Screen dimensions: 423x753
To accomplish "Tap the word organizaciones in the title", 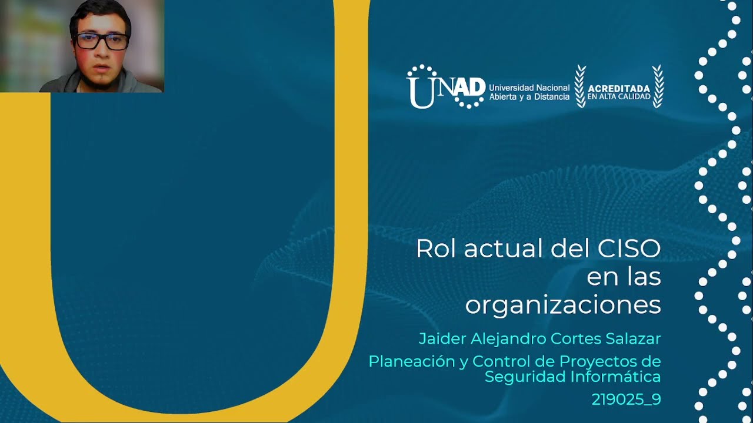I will point(563,305).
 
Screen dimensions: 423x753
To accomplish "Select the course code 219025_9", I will point(626,399).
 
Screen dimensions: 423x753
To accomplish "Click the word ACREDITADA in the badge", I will point(619,89).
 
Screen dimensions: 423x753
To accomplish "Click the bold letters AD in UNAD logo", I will point(471,87).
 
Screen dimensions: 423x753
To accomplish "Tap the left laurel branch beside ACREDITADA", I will point(581,86).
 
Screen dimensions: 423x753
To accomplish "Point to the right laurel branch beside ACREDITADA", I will point(658,86).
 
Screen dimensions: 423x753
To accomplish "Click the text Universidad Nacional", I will point(529,88).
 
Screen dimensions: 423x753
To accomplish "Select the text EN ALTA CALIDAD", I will point(619,97).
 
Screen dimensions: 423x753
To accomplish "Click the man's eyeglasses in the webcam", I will point(101,42).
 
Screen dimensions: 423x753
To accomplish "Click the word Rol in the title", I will point(436,249).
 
